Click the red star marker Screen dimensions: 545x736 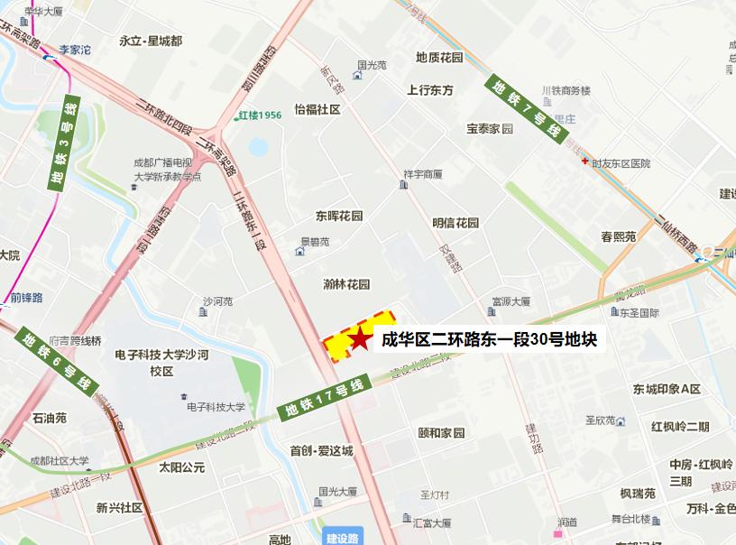[360, 340]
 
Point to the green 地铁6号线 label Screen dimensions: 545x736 [57, 362]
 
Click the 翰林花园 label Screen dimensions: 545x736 [346, 284]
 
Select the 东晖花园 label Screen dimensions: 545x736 [338, 217]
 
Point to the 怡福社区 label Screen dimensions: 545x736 [317, 109]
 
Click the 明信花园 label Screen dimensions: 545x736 [455, 223]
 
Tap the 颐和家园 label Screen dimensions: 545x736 [441, 433]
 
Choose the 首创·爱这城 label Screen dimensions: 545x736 [321, 450]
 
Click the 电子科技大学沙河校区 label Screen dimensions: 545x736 [162, 364]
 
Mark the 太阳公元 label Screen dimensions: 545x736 [181, 467]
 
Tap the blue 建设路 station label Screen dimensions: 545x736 [342, 538]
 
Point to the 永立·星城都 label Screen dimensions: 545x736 [151, 42]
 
